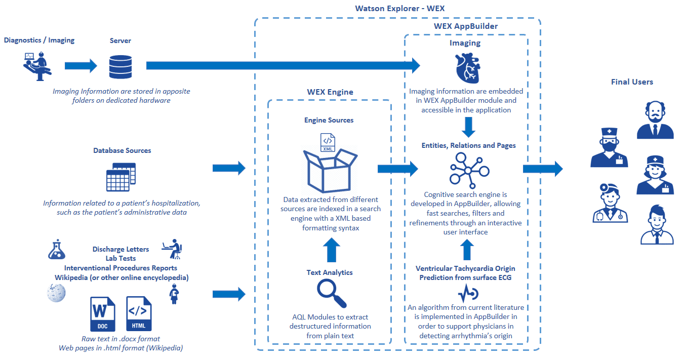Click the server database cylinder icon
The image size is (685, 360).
point(120,66)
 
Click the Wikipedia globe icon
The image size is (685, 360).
point(56,293)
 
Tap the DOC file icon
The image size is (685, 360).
point(102,313)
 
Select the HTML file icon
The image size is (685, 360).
point(139,313)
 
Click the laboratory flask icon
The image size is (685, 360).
point(56,249)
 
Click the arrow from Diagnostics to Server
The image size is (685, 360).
point(80,66)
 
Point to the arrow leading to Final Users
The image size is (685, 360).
point(542,169)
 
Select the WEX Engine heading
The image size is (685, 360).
point(330,92)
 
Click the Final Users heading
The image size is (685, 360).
point(632,82)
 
